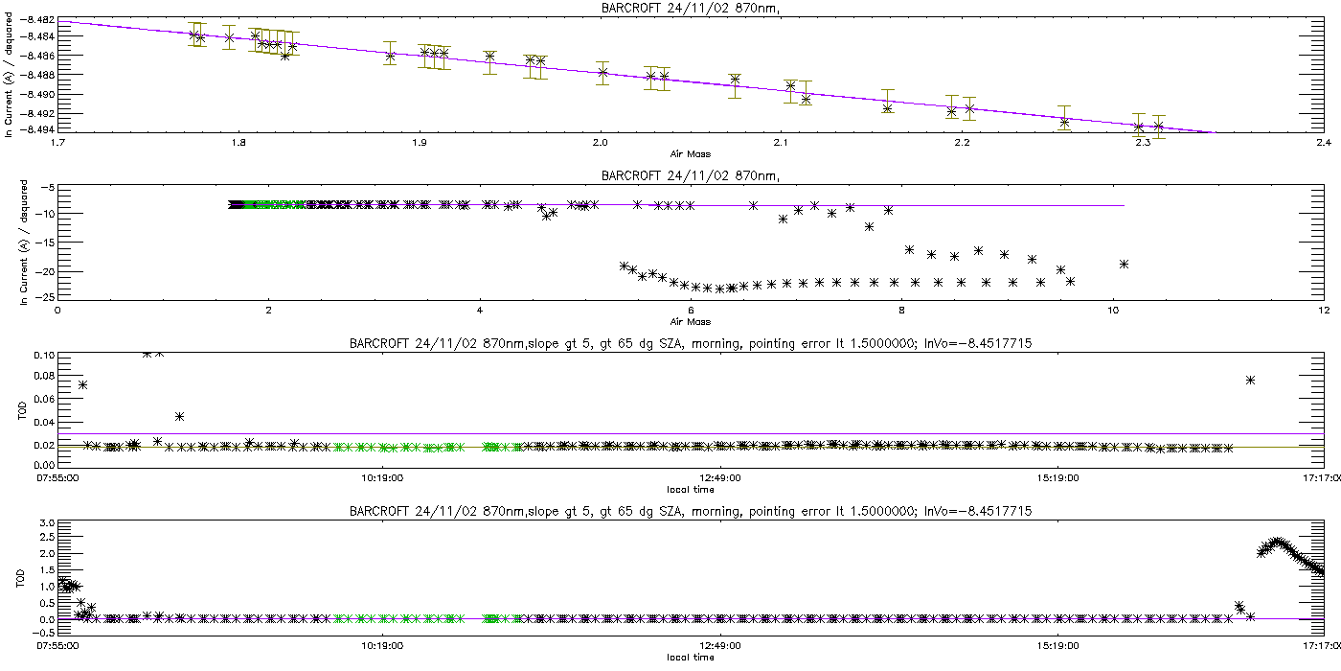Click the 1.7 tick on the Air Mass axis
pyautogui.click(x=58, y=144)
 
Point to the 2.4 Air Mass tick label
pyautogui.click(x=1323, y=144)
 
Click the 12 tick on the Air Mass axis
pyautogui.click(x=1323, y=311)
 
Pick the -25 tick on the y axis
pyautogui.click(x=44, y=297)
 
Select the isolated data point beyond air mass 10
pyautogui.click(x=1124, y=264)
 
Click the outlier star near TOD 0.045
pyautogui.click(x=179, y=416)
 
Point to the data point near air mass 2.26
pyautogui.click(x=1064, y=122)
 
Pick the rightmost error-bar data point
pyautogui.click(x=1159, y=127)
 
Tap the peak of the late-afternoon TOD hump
pyautogui.click(x=1276, y=542)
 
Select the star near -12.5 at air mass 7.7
pyautogui.click(x=869, y=226)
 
